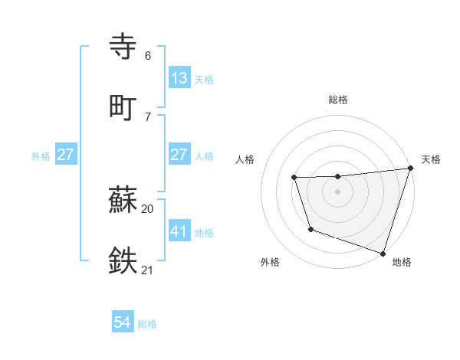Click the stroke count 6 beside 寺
(x=148, y=56)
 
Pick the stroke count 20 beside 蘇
(x=148, y=208)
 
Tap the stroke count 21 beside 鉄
(x=148, y=269)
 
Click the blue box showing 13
(x=179, y=78)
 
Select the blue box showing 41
(x=179, y=231)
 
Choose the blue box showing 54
(x=123, y=323)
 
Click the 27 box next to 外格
(x=66, y=155)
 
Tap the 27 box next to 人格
(x=179, y=155)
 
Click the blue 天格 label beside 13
(x=204, y=80)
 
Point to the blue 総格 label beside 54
(x=147, y=324)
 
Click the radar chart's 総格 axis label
(x=338, y=100)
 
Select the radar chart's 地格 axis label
(x=402, y=262)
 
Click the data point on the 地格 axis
(x=382, y=253)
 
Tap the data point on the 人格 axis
(x=294, y=178)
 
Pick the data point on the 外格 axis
(x=310, y=229)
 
